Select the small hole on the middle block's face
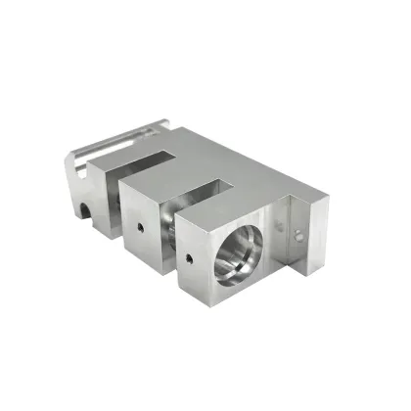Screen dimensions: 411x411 [x=142, y=224]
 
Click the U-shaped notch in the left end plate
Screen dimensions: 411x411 [x=87, y=208]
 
